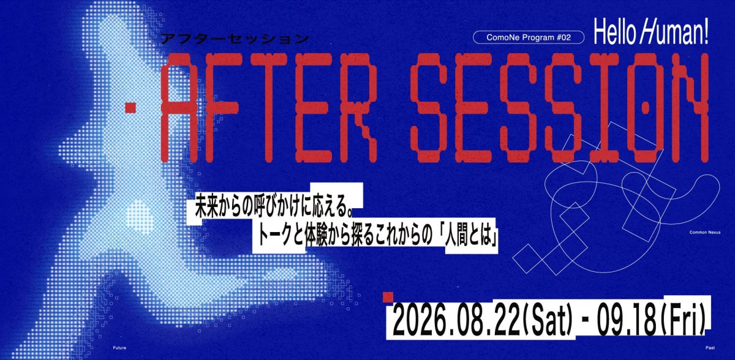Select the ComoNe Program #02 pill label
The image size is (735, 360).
click(x=529, y=37)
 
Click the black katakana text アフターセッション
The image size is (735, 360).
click(x=235, y=39)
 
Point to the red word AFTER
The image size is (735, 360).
click(x=269, y=108)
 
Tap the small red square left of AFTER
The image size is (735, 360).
click(x=130, y=108)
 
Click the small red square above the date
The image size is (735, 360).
click(x=388, y=297)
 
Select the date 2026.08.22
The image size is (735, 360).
click(x=457, y=320)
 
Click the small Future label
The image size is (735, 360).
click(x=119, y=348)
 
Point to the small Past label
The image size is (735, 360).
click(x=710, y=348)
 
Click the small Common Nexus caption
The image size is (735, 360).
click(x=705, y=232)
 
